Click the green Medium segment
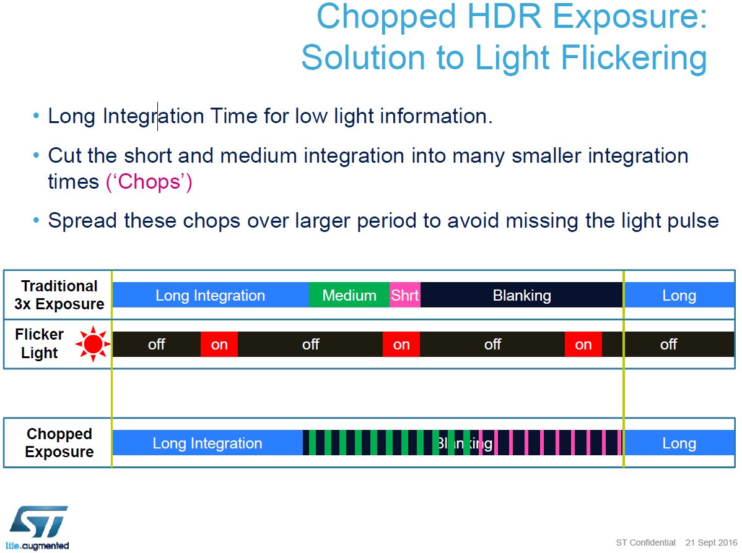(349, 296)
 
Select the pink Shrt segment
(404, 296)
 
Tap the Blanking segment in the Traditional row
(522, 296)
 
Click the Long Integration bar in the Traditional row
(210, 296)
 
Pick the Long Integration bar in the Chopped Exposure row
(207, 444)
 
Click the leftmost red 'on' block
(219, 345)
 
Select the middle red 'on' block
(401, 345)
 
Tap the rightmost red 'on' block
(583, 345)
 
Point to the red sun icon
(93, 345)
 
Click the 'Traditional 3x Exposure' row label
(59, 295)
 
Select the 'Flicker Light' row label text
(40, 344)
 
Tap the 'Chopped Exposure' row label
(59, 443)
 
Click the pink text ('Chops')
(149, 182)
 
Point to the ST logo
(38, 526)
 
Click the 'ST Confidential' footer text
(645, 542)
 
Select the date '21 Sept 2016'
(711, 542)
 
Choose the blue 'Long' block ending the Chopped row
(679, 444)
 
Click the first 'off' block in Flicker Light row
(156, 345)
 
